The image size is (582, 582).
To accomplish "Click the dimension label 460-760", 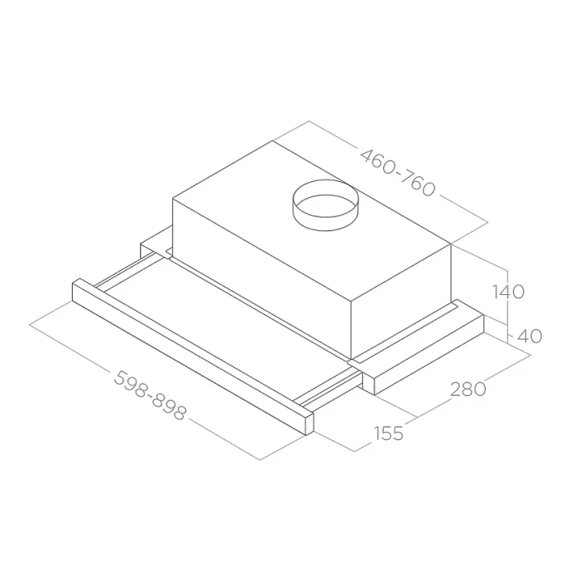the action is tap(398, 173).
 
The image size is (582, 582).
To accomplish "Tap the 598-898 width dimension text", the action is tap(150, 395).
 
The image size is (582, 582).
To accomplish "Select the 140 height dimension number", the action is tap(508, 291).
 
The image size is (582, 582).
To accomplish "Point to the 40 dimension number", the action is tap(529, 336).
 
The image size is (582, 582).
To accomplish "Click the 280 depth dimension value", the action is tap(468, 390).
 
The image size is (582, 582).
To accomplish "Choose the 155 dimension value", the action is tap(388, 432).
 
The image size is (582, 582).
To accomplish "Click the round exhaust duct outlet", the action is tap(326, 205).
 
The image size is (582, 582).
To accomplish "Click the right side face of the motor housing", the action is tap(401, 300).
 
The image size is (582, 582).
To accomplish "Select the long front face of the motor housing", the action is tap(262, 276).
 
